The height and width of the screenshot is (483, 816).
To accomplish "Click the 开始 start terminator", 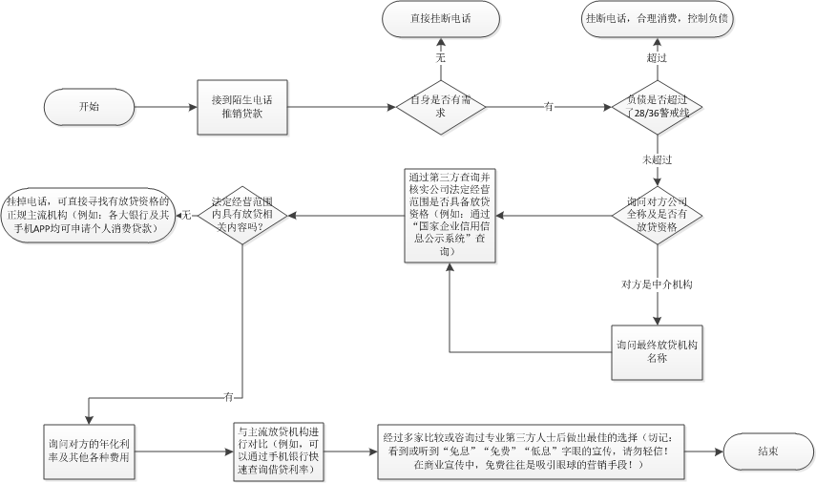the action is [89, 107].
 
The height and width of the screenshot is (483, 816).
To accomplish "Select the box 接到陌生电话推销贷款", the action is [242, 107].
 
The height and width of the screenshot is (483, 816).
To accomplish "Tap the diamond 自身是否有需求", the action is [441, 107].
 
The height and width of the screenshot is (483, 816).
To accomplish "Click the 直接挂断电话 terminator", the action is [441, 19].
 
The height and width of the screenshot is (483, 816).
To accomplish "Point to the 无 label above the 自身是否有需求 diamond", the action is [441, 58].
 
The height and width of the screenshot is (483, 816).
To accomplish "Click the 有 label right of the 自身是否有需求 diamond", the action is [549, 107].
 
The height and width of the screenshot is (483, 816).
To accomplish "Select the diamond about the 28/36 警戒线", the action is [657, 107].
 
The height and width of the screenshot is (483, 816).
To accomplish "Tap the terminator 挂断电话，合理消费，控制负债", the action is [657, 19].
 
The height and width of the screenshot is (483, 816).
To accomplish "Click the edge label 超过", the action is [657, 58].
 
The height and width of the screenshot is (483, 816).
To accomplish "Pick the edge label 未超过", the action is [657, 159].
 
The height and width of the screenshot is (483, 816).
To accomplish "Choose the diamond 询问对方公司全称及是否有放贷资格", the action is [657, 215].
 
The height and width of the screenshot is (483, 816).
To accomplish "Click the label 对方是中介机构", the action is [657, 284].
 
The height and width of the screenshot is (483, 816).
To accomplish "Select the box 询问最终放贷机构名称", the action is [657, 352].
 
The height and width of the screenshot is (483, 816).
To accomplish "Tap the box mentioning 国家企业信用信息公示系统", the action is [450, 216].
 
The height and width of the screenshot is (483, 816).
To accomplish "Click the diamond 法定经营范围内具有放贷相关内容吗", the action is [243, 215].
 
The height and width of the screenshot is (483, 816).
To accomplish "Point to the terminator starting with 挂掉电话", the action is [88, 215].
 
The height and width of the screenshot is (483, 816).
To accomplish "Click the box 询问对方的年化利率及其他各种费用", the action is [89, 451].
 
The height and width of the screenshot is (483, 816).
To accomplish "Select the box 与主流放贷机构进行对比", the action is [279, 451].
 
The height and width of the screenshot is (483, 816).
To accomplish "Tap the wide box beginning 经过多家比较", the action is [532, 451].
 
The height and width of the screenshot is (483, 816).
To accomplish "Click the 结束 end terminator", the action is [768, 451].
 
